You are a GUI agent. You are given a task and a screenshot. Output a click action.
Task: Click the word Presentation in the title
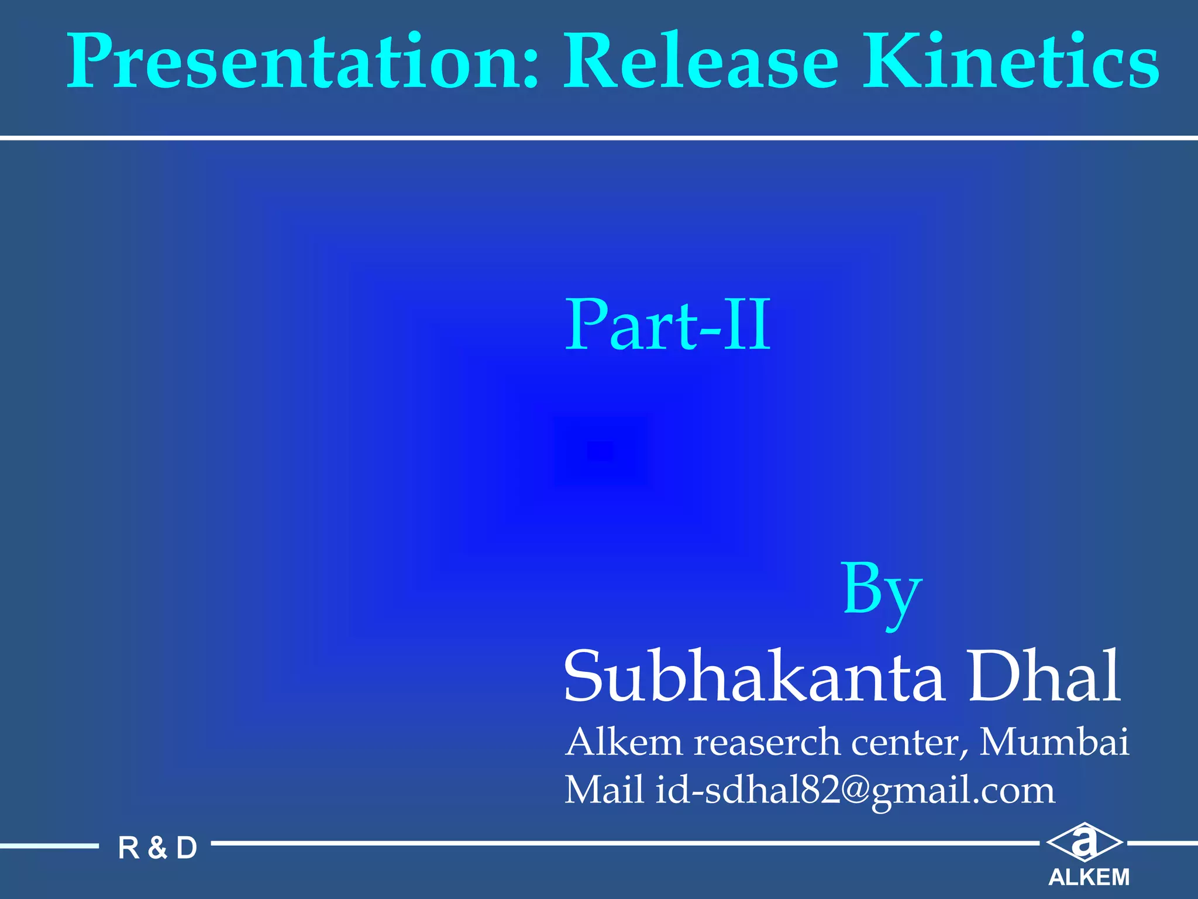pos(292,61)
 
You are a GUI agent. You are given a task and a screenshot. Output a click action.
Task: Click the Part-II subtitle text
pos(667,325)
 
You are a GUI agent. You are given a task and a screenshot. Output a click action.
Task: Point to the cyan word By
pos(882,591)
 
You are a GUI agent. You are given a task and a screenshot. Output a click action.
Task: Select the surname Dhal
pos(1044,676)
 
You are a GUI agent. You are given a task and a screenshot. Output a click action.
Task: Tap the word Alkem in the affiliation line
pos(624,742)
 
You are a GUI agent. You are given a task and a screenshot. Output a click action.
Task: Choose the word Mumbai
pos(1054,742)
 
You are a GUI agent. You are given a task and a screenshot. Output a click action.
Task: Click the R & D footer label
pos(157,848)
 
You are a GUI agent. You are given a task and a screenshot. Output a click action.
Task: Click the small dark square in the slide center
pos(601,451)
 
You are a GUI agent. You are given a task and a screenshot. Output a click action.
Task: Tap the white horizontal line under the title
pos(599,138)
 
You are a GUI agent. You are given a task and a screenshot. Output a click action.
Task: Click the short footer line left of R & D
pos(49,845)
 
